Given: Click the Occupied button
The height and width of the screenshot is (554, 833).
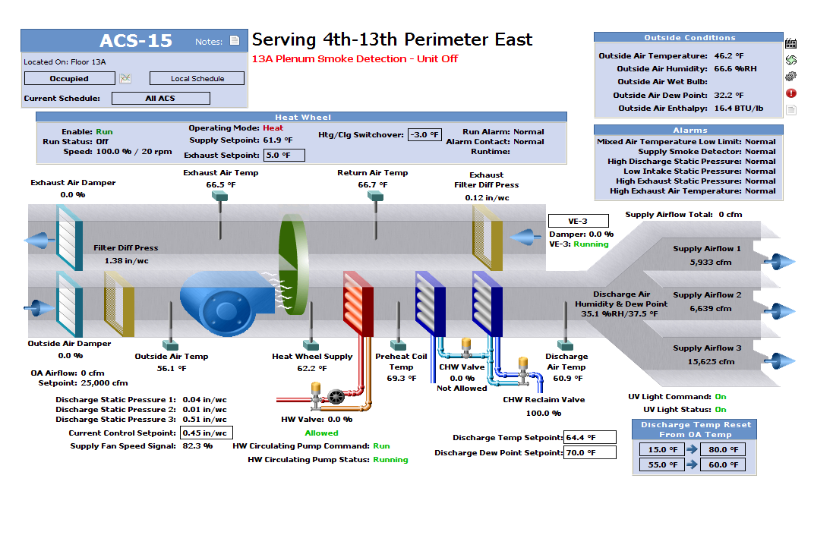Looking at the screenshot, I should tap(69, 78).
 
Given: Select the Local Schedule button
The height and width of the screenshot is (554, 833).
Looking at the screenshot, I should tap(197, 78).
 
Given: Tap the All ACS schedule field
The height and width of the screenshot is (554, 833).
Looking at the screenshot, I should tap(160, 98).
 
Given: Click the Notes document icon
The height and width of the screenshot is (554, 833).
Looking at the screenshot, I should tap(235, 41).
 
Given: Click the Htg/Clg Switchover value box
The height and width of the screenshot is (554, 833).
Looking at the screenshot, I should tap(424, 134).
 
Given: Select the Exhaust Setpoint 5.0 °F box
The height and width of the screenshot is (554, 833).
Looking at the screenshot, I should tap(284, 155).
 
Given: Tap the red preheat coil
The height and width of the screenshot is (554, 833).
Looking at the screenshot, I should tap(358, 303).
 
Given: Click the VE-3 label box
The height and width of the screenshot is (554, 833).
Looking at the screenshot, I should tap(578, 221).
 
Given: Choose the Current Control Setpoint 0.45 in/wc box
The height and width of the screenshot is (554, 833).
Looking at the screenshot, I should tap(206, 433).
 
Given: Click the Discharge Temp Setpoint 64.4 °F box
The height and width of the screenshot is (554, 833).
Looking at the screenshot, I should tap(590, 437).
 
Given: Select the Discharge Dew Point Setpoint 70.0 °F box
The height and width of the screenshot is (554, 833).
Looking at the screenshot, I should tap(590, 452).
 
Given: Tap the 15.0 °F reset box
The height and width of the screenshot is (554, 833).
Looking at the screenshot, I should tap(658, 449).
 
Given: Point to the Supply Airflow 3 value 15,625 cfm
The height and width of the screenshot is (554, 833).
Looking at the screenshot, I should tap(711, 361).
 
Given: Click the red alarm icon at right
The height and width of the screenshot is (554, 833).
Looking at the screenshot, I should tap(790, 93).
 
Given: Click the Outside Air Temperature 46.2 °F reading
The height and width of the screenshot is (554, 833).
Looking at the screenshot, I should tap(729, 55).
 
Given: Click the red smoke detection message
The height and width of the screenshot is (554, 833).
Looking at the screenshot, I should tap(355, 58).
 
